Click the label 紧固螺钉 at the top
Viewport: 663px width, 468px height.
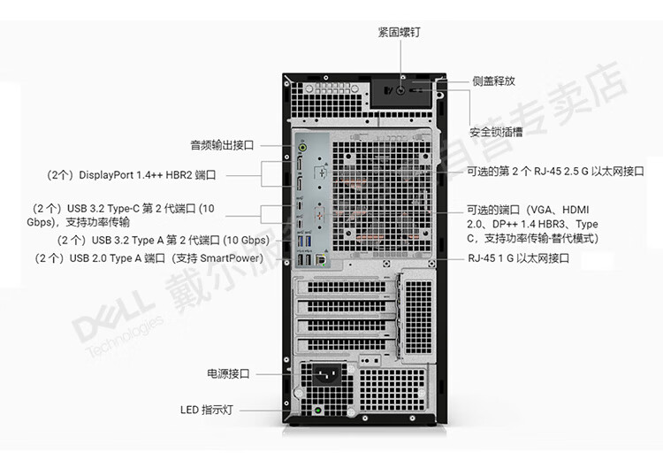pyautogui.click(x=399, y=32)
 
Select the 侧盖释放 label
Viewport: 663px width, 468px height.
pyautogui.click(x=493, y=81)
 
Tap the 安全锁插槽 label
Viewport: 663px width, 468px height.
pyautogui.click(x=496, y=132)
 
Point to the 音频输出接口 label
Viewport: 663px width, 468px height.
pyautogui.click(x=222, y=145)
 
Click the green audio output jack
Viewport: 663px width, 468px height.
pyautogui.click(x=302, y=147)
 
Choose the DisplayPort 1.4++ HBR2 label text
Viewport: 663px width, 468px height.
pyautogui.click(x=131, y=175)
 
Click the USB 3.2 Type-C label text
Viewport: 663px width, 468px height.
pyautogui.click(x=120, y=215)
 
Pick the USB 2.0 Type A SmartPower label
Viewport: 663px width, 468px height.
pyautogui.click(x=149, y=258)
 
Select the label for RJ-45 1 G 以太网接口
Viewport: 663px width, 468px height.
pyautogui.click(x=518, y=258)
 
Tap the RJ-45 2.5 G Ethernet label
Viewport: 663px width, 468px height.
pyautogui.click(x=555, y=171)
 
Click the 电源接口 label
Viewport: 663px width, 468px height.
pyautogui.click(x=228, y=373)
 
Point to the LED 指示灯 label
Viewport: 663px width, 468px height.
pyautogui.click(x=207, y=410)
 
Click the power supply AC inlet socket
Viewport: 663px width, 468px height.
pyautogui.click(x=327, y=374)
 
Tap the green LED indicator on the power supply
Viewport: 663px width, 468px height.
pyautogui.click(x=318, y=410)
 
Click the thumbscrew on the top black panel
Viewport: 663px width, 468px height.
pyautogui.click(x=401, y=90)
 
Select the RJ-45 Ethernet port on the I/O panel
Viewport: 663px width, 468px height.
pyautogui.click(x=321, y=259)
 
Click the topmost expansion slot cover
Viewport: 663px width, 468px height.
pyautogui.click(x=347, y=288)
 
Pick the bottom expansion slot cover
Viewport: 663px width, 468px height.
pyautogui.click(x=347, y=345)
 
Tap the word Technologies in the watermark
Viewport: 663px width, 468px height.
pyautogui.click(x=125, y=336)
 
